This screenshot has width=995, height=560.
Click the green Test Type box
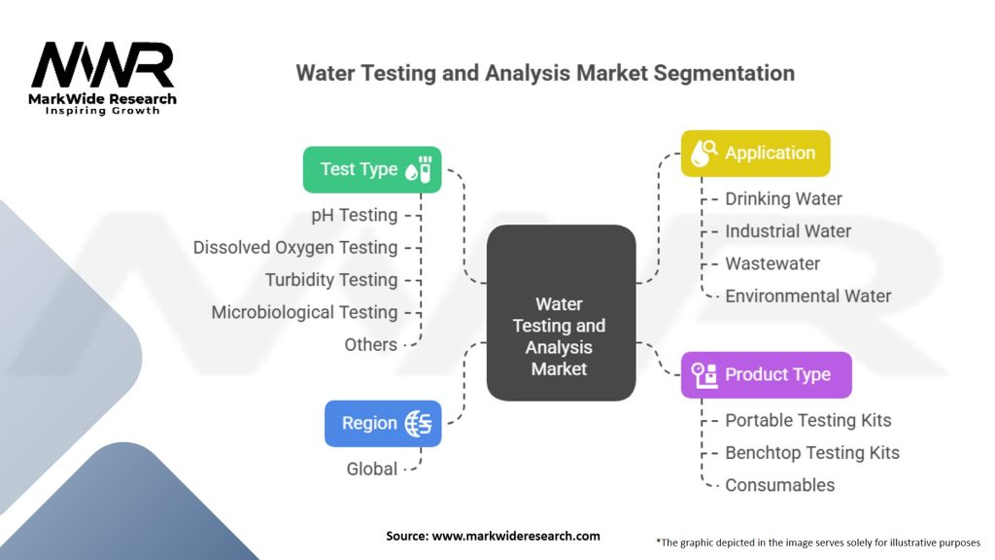click(x=372, y=169)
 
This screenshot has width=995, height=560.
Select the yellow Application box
click(x=755, y=153)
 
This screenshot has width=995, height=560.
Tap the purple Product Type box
click(x=766, y=374)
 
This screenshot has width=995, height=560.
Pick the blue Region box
click(x=383, y=423)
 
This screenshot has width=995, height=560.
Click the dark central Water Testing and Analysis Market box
click(x=560, y=313)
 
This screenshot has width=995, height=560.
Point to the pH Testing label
click(x=354, y=215)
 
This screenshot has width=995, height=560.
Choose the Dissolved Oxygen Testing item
click(x=295, y=247)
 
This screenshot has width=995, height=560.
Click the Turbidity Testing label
click(x=331, y=280)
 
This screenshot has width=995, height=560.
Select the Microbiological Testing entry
click(x=304, y=312)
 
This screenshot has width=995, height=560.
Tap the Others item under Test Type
click(x=370, y=344)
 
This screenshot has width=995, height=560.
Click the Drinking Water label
click(x=783, y=198)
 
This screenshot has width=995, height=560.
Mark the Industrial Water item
click(x=787, y=231)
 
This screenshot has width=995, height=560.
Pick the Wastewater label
click(x=772, y=263)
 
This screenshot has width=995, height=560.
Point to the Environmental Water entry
click(x=807, y=296)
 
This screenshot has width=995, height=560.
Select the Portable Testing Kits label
click(x=807, y=420)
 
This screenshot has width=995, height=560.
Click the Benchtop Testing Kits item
click(x=812, y=452)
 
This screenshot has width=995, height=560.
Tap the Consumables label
click(x=779, y=484)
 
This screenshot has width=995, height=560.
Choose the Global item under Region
click(x=371, y=469)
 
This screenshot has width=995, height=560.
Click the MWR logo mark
click(x=103, y=68)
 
